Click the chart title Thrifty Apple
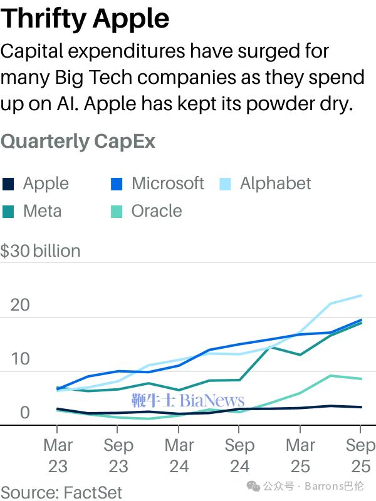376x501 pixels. (85, 19)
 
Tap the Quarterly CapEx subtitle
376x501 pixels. (78, 141)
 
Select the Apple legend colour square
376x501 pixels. (8, 184)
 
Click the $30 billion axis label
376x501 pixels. (41, 251)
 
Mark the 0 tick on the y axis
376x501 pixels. (24, 413)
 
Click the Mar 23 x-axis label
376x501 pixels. (58, 455)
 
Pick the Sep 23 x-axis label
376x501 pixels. (118, 455)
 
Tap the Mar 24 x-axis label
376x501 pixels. (179, 455)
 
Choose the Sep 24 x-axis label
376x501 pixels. (239, 455)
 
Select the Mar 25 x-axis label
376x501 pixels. (300, 455)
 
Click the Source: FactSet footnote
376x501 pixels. (61, 492)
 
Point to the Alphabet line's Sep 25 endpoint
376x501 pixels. (361, 296)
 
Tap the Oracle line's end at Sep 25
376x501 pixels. (361, 379)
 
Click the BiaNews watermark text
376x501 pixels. (213, 400)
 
